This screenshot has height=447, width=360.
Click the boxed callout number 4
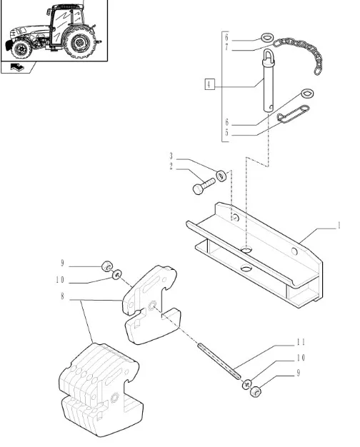coord(210,84)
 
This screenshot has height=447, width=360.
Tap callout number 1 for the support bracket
coord(339,226)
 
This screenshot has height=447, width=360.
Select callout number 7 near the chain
coord(226,47)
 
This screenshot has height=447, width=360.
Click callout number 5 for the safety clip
coord(226,132)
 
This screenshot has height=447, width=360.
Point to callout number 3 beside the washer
coord(171,156)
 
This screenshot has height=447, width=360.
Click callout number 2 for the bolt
coord(171,166)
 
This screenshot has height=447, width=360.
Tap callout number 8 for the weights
coord(62,296)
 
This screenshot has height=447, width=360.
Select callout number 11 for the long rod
coord(301,341)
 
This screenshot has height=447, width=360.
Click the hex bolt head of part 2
coord(198,189)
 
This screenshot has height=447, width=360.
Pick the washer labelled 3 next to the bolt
coord(221,176)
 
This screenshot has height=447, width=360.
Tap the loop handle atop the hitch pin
coord(268,56)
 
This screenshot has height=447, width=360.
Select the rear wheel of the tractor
coord(79,43)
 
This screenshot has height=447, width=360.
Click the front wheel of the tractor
coord(21,49)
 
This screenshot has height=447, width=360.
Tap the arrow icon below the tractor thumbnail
coord(17,68)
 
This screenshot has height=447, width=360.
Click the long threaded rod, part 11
coord(219,361)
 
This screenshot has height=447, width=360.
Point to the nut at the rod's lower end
coord(255,392)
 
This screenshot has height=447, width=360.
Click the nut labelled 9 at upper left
coord(107,266)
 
